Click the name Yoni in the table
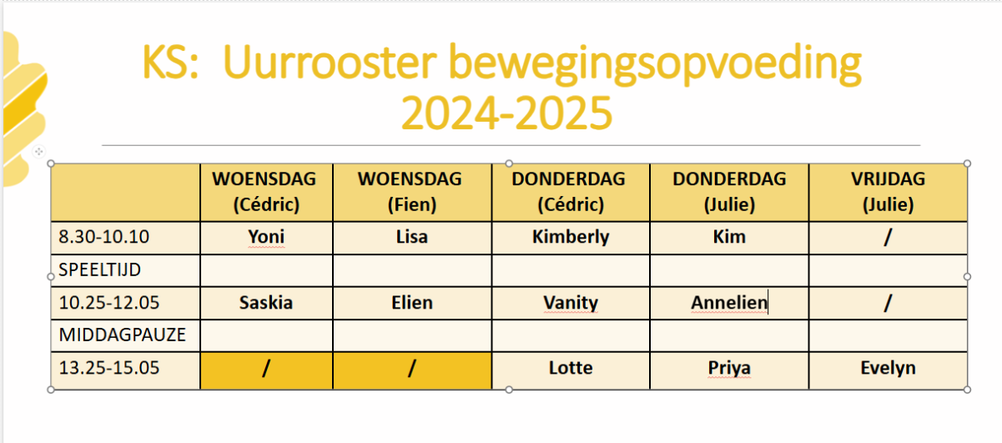click(x=266, y=237)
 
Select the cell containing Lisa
click(x=412, y=237)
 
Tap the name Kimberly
click(x=571, y=237)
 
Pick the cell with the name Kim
click(x=729, y=237)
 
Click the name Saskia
click(x=265, y=303)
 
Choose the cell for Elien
click(x=412, y=303)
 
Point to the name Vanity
click(x=571, y=303)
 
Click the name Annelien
click(x=729, y=303)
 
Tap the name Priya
click(x=729, y=368)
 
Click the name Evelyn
click(x=888, y=368)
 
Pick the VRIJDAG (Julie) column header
click(x=888, y=192)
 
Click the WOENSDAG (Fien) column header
click(x=410, y=192)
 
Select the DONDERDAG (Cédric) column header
click(x=568, y=192)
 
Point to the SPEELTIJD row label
click(x=100, y=269)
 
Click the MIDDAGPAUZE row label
click(x=122, y=335)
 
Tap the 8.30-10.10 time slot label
click(x=103, y=237)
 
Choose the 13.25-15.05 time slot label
click(x=109, y=368)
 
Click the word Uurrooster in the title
click(x=330, y=62)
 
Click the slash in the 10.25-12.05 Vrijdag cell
click(x=888, y=303)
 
